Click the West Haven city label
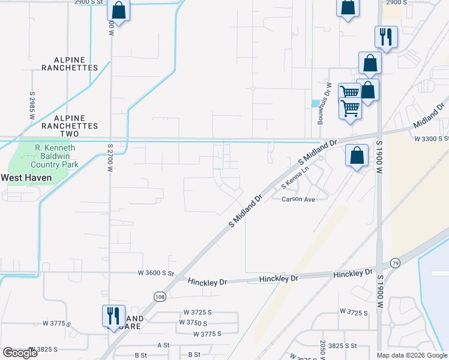[x=26, y=178]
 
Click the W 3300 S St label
[x=431, y=139]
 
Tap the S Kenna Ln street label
[x=297, y=179]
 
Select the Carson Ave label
[x=298, y=199]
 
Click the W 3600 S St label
[x=155, y=273]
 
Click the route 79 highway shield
[x=395, y=263]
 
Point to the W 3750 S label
[x=196, y=322]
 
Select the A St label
[x=164, y=345]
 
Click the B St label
[x=141, y=355]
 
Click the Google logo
[x=20, y=353]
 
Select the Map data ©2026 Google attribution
[x=412, y=355]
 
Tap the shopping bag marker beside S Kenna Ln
[x=357, y=155]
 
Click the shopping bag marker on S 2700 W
[x=119, y=10]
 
